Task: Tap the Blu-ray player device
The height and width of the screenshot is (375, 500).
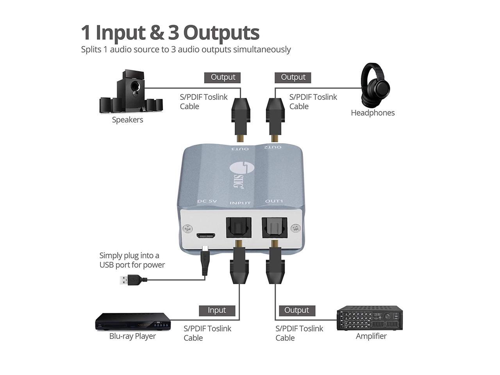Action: click(132, 322)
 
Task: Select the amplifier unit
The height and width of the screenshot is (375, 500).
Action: click(370, 318)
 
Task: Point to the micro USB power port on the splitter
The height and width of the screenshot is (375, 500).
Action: click(205, 236)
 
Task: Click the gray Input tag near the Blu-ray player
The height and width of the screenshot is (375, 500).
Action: click(217, 310)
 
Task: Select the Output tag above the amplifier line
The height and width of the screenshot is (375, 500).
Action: click(296, 310)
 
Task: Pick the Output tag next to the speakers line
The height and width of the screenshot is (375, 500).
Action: click(223, 77)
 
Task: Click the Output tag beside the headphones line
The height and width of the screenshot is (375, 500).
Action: click(293, 77)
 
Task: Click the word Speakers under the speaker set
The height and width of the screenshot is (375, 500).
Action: click(127, 120)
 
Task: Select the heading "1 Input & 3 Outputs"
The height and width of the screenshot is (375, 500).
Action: click(170, 32)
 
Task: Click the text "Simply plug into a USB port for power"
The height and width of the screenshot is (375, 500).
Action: click(132, 260)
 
